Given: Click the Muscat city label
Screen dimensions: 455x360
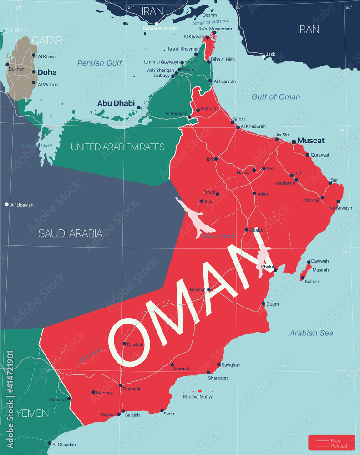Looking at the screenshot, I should [311, 140].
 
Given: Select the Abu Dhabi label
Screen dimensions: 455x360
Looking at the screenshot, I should [116, 103].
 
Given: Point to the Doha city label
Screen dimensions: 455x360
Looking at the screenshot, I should [47, 72].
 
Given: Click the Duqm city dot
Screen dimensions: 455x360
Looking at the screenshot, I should [263, 304].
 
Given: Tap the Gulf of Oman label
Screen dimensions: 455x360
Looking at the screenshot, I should [276, 96].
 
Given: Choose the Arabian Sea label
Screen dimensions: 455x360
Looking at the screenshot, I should [311, 333].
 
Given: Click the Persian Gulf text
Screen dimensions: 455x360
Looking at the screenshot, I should [99, 63].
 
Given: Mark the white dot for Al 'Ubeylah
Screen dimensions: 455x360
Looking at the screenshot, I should [7, 205].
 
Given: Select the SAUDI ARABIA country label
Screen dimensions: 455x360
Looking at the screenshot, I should [71, 233].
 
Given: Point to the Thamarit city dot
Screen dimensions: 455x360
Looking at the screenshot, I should [121, 385].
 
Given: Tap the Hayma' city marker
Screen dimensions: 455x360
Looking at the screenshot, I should [209, 289].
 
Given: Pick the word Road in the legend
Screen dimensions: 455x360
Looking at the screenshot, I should [336, 440].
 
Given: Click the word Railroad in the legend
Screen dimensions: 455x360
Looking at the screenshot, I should [340, 446].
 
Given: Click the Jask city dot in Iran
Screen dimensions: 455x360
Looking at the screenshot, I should [264, 57].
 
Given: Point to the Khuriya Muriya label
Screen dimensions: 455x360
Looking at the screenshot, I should [198, 397].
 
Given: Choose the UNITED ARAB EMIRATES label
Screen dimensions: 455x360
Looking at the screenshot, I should [117, 147].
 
